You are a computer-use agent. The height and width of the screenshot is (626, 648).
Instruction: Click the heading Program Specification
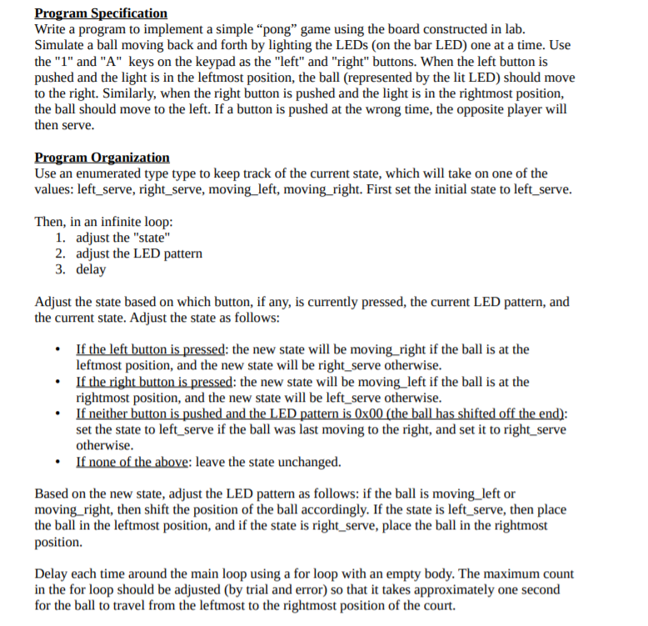[101, 13]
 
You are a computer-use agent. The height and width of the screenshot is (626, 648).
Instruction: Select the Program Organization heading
[102, 158]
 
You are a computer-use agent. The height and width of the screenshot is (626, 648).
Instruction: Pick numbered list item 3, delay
[91, 270]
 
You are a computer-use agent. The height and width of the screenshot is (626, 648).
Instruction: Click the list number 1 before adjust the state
[61, 238]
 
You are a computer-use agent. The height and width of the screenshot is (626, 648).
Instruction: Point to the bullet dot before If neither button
[56, 414]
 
